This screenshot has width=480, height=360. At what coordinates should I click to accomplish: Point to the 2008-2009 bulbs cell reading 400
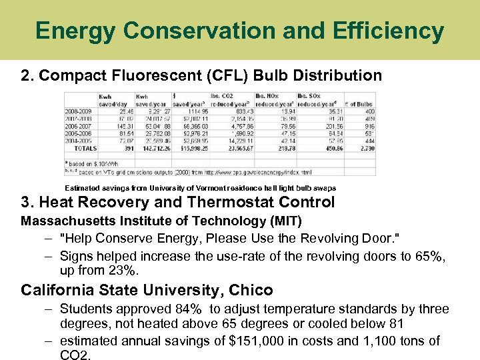[369, 111]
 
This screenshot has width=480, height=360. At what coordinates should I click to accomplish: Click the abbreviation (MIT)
[284, 221]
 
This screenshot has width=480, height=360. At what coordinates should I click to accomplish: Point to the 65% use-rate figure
[433, 256]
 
